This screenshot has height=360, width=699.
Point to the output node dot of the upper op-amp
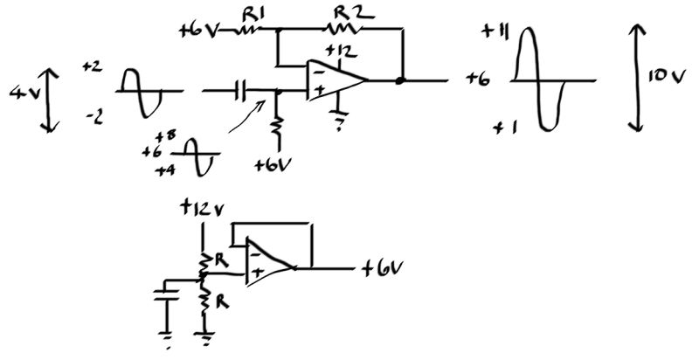pos(401,81)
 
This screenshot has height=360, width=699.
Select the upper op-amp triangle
pos(336,81)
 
